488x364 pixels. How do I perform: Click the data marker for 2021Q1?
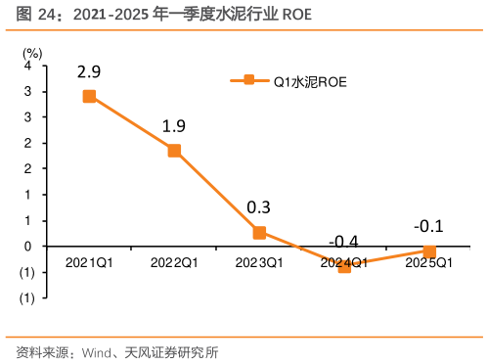89,96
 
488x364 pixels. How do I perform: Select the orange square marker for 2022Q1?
174,150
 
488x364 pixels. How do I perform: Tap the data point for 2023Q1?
259,232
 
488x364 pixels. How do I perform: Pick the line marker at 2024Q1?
344,265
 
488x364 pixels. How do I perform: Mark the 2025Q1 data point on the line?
429,251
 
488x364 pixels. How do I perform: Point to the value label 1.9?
174,125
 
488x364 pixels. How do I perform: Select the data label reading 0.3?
259,207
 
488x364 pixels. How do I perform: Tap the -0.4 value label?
342,242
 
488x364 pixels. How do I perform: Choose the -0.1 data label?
428,227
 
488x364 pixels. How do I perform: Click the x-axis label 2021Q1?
89,263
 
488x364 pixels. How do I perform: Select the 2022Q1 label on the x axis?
174,263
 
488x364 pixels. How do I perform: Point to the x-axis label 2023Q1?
259,263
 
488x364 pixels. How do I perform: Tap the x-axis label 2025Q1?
429,263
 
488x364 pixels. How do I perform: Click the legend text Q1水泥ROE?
309,82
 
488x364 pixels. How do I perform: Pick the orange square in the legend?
248,82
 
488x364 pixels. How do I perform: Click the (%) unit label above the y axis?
32,51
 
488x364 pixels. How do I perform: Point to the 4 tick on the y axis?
29,66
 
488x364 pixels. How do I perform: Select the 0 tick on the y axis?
29,247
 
